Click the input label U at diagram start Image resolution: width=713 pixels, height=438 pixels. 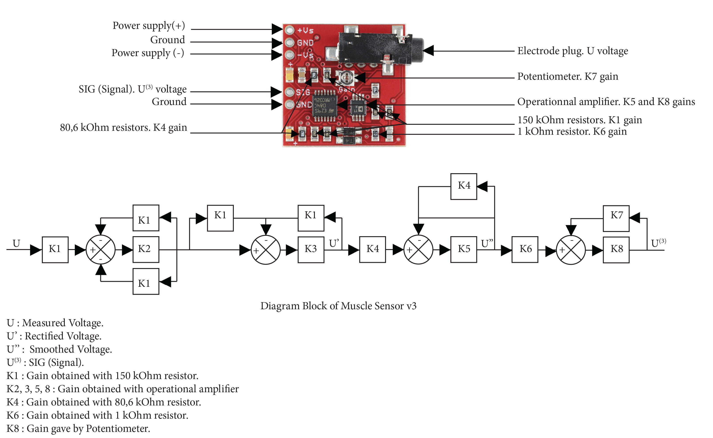tap(16, 243)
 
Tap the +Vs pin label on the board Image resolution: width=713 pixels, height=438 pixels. tap(305, 30)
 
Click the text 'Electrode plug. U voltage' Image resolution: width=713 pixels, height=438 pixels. tap(572, 51)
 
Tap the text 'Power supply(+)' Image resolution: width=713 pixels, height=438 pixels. tap(149, 26)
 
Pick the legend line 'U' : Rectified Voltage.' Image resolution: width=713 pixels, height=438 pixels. tap(54, 336)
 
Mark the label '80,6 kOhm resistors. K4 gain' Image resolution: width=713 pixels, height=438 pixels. tap(123, 127)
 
